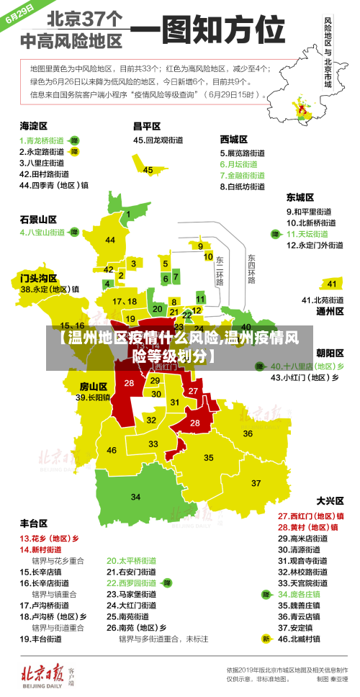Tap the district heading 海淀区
pos(33,125)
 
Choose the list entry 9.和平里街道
pos(309,211)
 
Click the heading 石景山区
pos(37,219)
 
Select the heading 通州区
pos(330,312)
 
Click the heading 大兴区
pos(330,500)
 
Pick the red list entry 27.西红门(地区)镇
pos(310,516)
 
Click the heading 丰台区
pos(33,523)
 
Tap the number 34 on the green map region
pos(135,497)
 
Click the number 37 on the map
pos(256,482)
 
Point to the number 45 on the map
pos(148,170)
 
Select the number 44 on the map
pos(110,240)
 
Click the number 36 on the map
pos(247,433)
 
